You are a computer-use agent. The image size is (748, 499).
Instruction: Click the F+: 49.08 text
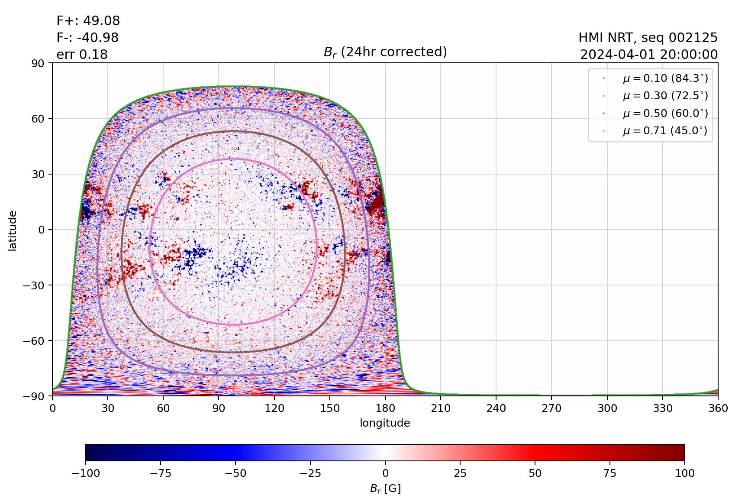(x=88, y=21)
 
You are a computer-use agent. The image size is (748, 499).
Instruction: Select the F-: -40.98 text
(x=87, y=38)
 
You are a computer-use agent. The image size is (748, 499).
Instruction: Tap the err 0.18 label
(x=82, y=55)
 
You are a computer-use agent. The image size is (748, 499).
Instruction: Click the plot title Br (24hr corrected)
(x=385, y=52)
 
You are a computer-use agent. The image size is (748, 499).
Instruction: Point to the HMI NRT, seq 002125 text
(x=648, y=38)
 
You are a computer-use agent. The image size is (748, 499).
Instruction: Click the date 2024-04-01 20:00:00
(x=648, y=55)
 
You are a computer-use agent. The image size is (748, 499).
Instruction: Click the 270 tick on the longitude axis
(x=551, y=408)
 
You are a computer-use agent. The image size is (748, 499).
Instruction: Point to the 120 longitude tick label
(x=274, y=408)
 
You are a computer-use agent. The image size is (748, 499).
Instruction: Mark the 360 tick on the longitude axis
(x=718, y=408)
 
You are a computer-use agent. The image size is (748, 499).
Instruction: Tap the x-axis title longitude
(x=385, y=423)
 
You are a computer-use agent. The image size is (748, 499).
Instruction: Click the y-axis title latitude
(x=13, y=230)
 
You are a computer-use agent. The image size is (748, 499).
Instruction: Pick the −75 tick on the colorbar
(x=160, y=473)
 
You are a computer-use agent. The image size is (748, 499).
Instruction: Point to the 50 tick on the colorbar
(x=535, y=473)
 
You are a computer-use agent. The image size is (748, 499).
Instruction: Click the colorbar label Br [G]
(x=385, y=489)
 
